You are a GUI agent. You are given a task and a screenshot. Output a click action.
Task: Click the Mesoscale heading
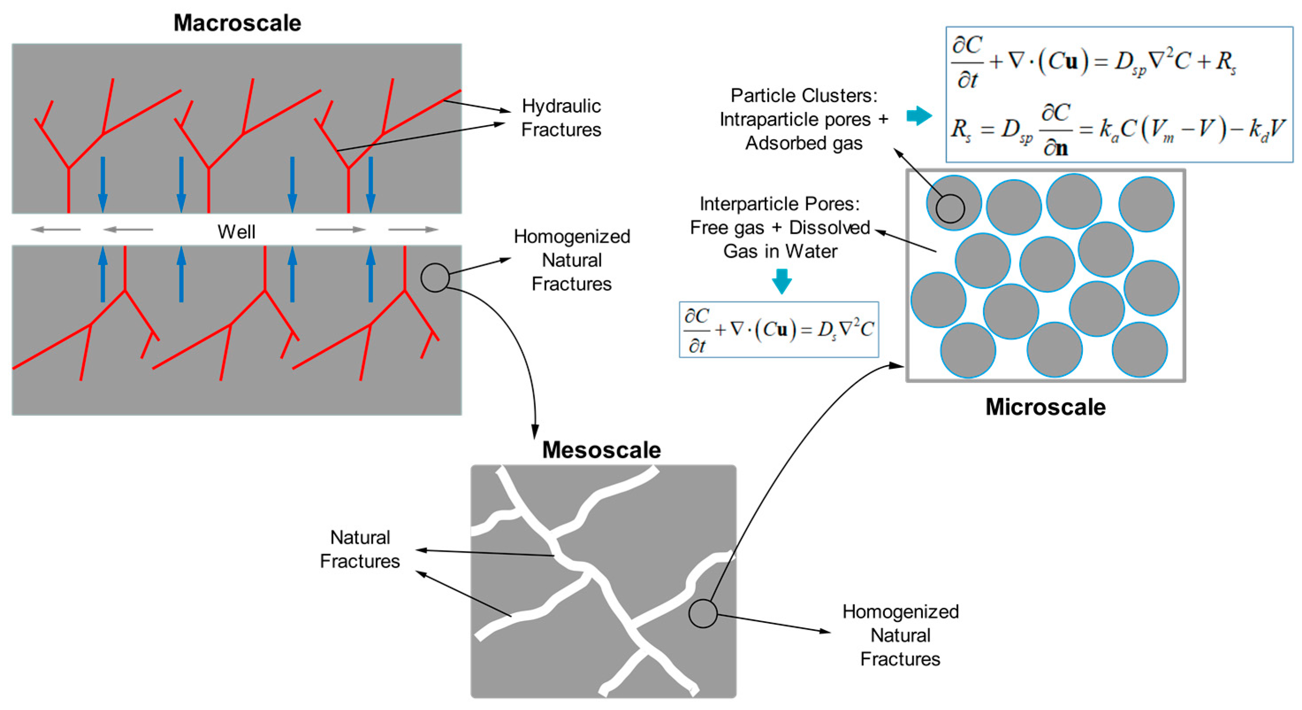click(601, 450)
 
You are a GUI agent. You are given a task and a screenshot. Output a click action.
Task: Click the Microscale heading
click(1045, 407)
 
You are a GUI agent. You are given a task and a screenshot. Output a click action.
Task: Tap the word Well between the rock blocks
click(236, 232)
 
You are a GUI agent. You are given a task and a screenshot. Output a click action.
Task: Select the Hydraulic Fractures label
click(561, 117)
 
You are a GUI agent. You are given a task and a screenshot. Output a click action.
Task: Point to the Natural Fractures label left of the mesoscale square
click(360, 549)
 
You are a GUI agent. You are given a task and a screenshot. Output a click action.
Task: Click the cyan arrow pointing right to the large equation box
click(919, 116)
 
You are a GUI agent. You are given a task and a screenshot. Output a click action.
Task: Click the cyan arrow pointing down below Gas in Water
click(782, 281)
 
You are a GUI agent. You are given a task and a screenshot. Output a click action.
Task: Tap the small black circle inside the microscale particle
click(950, 208)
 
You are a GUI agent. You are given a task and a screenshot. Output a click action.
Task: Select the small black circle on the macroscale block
click(435, 278)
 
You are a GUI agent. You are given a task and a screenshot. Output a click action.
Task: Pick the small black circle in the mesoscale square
click(702, 614)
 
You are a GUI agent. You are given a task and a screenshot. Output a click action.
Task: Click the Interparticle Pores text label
click(779, 204)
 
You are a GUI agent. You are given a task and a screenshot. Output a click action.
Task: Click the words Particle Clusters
click(804, 95)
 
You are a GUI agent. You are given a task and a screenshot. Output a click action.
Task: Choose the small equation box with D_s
click(778, 330)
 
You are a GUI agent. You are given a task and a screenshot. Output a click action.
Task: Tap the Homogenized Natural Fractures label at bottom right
click(900, 635)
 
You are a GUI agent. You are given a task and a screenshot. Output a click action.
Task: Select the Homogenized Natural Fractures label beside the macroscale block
click(572, 260)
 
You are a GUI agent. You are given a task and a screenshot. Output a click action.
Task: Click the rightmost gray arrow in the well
click(413, 229)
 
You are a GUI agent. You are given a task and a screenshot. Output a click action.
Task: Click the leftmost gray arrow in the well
click(56, 229)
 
